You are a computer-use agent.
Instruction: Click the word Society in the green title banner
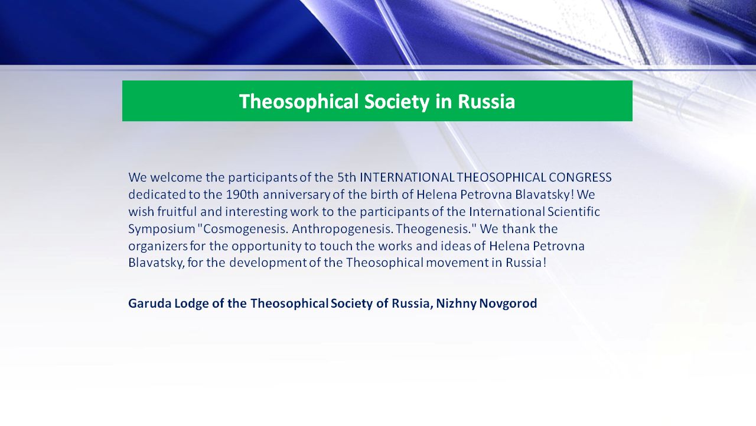(x=396, y=101)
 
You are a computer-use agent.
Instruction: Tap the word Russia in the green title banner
(x=486, y=101)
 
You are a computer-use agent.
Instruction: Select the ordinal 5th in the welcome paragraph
(x=347, y=177)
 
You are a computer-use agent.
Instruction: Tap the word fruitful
(x=177, y=211)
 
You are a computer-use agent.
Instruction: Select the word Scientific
(x=573, y=211)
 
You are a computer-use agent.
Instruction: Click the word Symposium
(x=162, y=229)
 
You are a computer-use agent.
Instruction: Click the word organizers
(x=158, y=246)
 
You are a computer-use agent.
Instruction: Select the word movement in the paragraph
(x=457, y=263)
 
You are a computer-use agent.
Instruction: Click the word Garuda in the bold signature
(x=150, y=304)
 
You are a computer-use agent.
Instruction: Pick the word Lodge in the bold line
(x=191, y=304)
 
